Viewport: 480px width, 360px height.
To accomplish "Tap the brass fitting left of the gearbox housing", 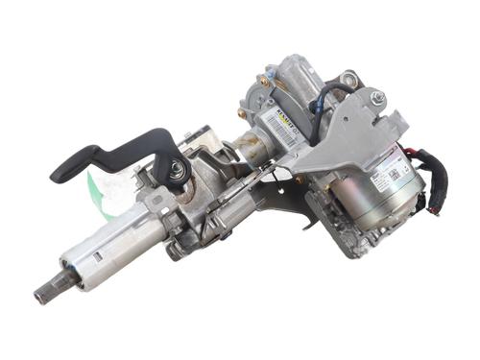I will pyautogui.click(x=243, y=112).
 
